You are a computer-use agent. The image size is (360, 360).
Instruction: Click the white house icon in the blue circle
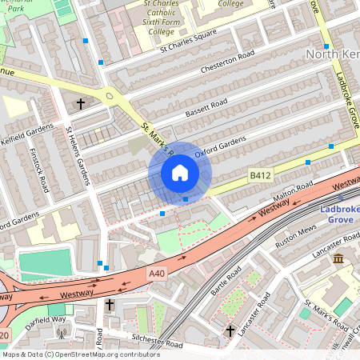point(179,173)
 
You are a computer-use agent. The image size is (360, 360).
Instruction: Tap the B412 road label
point(260,175)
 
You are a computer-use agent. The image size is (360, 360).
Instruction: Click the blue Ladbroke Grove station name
point(336,216)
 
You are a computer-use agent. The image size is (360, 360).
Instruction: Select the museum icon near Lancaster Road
point(338,259)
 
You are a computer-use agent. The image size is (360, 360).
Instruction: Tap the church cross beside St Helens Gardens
point(80,104)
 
